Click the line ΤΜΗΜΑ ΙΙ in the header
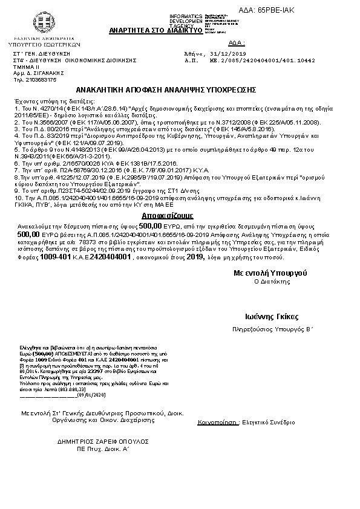click(x=24, y=67)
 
